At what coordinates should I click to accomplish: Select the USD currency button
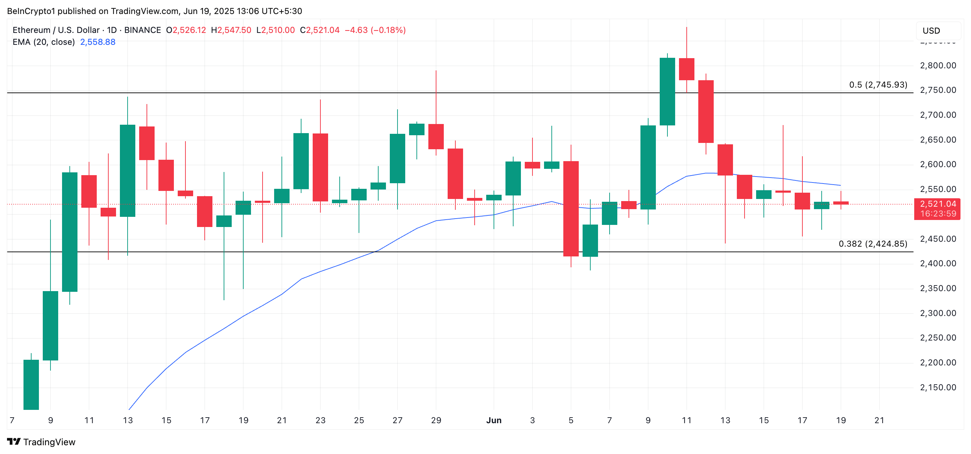click(931, 31)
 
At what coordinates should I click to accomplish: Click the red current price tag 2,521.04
click(937, 209)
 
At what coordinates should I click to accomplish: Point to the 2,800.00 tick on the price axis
click(938, 66)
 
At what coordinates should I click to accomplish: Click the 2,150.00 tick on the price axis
click(938, 387)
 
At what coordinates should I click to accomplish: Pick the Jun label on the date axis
click(494, 420)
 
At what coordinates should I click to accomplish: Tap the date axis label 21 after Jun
click(879, 420)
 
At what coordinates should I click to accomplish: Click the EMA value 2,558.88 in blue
click(98, 42)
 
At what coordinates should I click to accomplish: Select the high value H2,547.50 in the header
click(231, 30)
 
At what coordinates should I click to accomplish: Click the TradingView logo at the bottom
click(41, 442)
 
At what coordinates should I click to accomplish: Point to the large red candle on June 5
click(571, 209)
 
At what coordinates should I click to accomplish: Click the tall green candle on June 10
click(667, 91)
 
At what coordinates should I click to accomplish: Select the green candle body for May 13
click(127, 171)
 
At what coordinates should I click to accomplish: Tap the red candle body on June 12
click(706, 111)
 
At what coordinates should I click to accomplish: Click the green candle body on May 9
click(50, 325)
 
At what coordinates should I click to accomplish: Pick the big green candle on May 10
click(70, 232)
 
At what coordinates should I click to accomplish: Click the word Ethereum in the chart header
click(31, 30)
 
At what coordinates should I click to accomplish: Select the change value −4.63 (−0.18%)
click(375, 30)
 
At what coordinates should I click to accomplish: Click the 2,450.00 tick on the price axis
click(938, 239)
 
